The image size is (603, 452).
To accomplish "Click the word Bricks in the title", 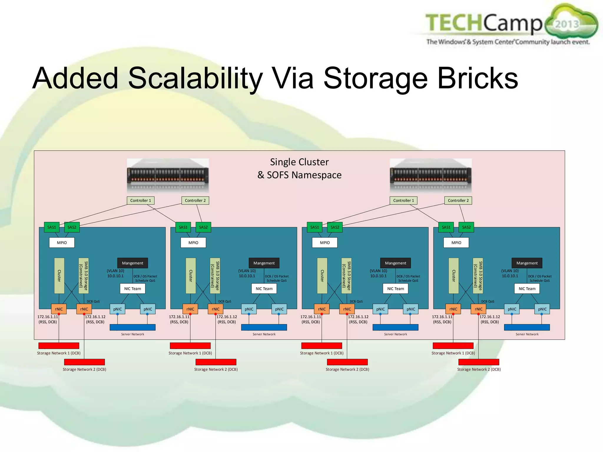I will (x=478, y=78).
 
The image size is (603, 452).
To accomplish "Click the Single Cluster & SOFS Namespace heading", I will (x=299, y=168).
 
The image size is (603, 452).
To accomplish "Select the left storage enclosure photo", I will (x=168, y=175).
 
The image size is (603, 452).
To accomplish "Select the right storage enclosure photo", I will (x=431, y=175).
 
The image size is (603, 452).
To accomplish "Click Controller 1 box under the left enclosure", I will (x=140, y=200).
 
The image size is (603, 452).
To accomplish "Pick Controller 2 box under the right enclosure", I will (x=458, y=200).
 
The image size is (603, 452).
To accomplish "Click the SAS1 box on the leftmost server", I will (x=52, y=227).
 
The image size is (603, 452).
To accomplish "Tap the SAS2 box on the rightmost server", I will (x=466, y=227).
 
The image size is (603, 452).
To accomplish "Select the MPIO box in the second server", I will (x=193, y=242).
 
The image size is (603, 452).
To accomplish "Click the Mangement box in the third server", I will (x=395, y=263).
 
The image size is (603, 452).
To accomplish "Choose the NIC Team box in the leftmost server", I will (x=132, y=289).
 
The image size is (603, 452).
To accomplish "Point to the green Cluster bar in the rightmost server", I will (x=453, y=276).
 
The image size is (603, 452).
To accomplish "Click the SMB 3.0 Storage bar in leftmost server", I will (x=84, y=276).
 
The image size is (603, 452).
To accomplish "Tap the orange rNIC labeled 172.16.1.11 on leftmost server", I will (x=59, y=309).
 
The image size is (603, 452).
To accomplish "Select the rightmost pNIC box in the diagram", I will (x=542, y=309).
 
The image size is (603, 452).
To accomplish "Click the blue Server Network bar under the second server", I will (x=264, y=327).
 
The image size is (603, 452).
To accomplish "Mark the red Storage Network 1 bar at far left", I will (x=59, y=345).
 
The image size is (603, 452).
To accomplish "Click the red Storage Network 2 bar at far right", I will (x=479, y=362).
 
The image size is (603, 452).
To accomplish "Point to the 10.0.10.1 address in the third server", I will (x=378, y=276).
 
